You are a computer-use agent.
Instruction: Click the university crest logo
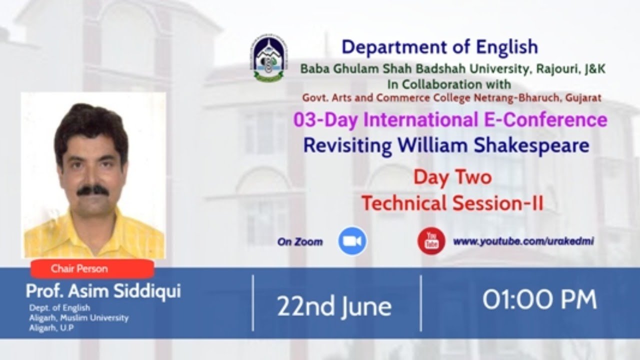[x=269, y=58]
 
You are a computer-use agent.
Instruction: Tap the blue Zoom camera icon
[x=352, y=241]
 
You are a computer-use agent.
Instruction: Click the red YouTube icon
[x=431, y=241]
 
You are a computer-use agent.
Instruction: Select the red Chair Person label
[x=92, y=268]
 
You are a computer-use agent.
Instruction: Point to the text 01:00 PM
[x=539, y=299]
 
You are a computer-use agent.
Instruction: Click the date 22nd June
[x=334, y=306]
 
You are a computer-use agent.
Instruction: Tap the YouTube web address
[x=523, y=241]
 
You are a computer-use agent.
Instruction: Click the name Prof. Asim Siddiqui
[x=103, y=291]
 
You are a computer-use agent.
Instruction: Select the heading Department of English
[x=440, y=47]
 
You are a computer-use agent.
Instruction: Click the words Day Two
[x=452, y=177]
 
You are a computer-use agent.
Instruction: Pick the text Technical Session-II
[x=452, y=203]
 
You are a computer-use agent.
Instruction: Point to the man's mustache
[x=93, y=190]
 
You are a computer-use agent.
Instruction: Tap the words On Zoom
[x=300, y=242]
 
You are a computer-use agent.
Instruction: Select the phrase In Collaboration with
[x=449, y=84]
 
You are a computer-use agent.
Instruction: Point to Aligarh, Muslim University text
[x=79, y=318]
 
